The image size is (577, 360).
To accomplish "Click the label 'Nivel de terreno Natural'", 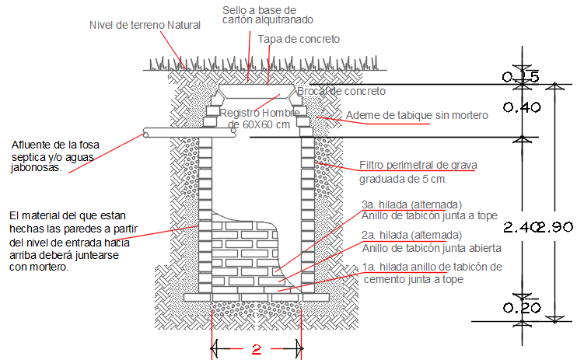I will tap(145, 25).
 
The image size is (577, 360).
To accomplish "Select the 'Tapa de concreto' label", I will tap(299, 38).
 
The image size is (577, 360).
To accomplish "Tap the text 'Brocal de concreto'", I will tap(342, 92).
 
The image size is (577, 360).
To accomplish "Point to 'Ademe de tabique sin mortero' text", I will tap(416, 116).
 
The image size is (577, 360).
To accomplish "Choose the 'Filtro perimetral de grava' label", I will tap(418, 165).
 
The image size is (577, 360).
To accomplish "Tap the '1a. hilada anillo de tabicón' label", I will tap(432, 267).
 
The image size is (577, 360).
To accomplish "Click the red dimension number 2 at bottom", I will tap(257, 350).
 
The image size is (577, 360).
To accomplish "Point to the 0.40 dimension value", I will tap(522, 108).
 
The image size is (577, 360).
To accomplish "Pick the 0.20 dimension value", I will tap(522, 308).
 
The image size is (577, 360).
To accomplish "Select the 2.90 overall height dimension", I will tap(558, 227).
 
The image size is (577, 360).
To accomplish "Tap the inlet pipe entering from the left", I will tap(187, 133).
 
